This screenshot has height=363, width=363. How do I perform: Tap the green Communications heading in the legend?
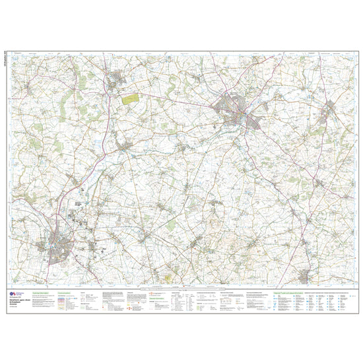(65, 291)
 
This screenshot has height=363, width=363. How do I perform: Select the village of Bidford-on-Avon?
(123, 143)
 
